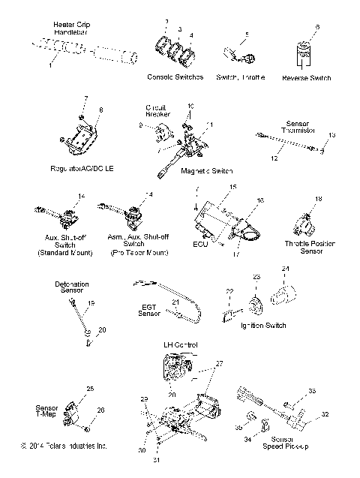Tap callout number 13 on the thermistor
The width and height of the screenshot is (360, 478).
coord(332,134)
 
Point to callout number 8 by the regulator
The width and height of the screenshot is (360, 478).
coord(101,110)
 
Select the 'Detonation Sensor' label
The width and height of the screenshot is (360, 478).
coord(71,287)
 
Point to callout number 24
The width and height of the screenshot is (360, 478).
coord(285,268)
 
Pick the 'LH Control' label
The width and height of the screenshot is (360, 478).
coord(180,344)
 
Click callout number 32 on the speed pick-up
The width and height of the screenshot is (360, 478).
coord(324,413)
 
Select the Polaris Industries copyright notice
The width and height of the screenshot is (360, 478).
coord(64,446)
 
